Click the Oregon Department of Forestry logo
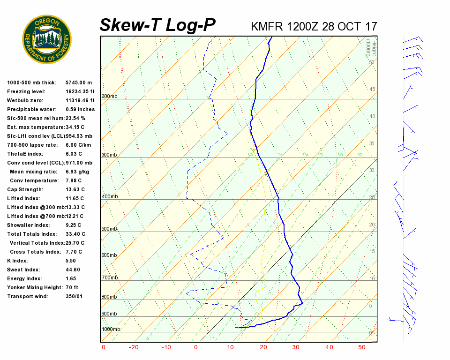[x=47, y=39]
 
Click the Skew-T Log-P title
[x=157, y=25]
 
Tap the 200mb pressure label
[x=109, y=97]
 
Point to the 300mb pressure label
[x=109, y=155]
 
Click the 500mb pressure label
[x=109, y=229]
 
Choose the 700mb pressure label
[x=109, y=278]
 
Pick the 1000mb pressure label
[x=111, y=329]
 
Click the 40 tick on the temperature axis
[x=329, y=347]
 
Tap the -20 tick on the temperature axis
[x=134, y=347]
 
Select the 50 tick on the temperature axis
[x=362, y=347]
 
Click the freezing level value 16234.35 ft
[x=80, y=91]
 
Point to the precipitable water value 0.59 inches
[x=80, y=109]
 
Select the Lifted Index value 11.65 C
[x=75, y=198]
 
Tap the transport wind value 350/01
[x=75, y=296]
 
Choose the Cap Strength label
[x=25, y=189]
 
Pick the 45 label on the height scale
[x=372, y=90]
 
